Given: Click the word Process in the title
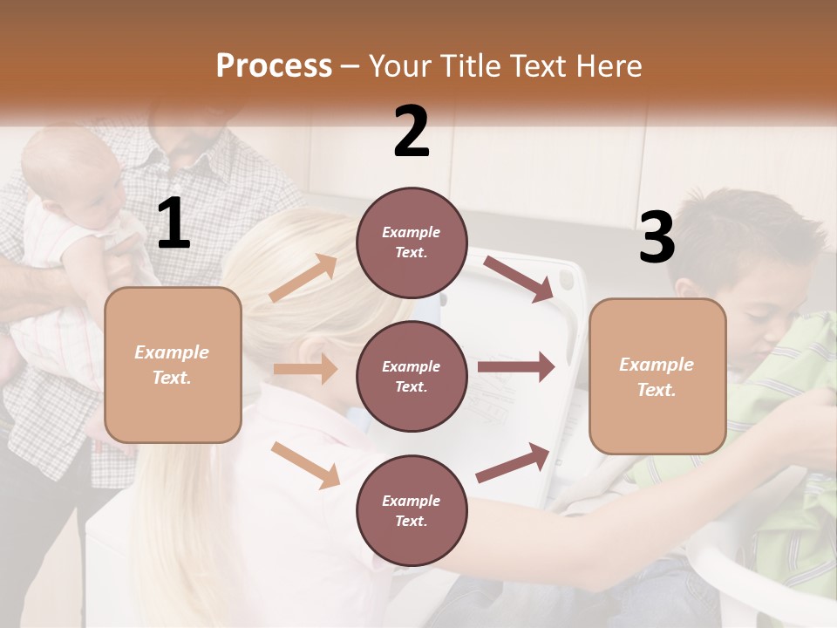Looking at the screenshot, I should (x=274, y=65).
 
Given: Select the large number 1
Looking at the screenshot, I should (x=174, y=224).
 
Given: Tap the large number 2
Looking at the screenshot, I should (x=412, y=132).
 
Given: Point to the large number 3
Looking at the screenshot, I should (x=657, y=237).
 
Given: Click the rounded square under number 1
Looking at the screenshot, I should (x=173, y=365).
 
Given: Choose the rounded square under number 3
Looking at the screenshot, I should (x=657, y=376).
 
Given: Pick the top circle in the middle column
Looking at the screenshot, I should (x=412, y=242).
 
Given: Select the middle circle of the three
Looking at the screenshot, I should (x=412, y=376).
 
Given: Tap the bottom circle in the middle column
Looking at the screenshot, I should (x=412, y=510).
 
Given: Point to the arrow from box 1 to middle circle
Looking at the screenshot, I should (x=305, y=369).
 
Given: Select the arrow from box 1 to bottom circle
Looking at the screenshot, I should (x=305, y=465).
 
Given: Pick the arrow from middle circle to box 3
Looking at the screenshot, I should (x=515, y=366).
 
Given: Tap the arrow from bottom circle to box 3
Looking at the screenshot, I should (x=514, y=462).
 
